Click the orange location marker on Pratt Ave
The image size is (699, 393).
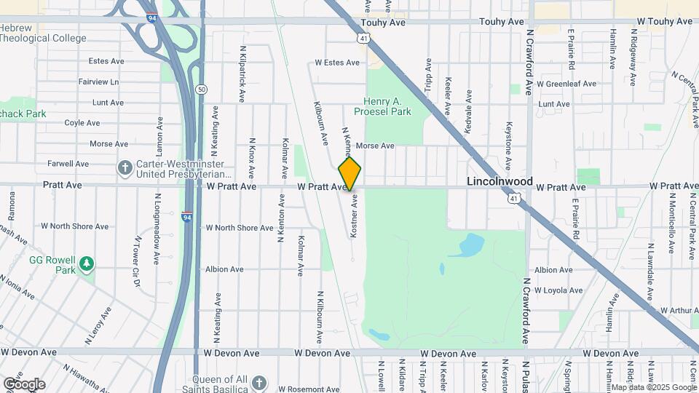coord(349,174)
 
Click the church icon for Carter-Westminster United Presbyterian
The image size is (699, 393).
coord(125,168)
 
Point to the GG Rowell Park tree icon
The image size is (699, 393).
coord(87,263)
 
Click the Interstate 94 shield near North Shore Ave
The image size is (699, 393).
coord(187,216)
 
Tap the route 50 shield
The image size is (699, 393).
coord(201,89)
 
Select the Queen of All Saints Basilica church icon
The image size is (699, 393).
coord(261,383)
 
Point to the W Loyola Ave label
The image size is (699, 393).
coord(558,290)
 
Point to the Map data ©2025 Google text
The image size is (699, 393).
coord(652,388)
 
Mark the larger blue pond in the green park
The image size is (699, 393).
coord(469,245)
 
